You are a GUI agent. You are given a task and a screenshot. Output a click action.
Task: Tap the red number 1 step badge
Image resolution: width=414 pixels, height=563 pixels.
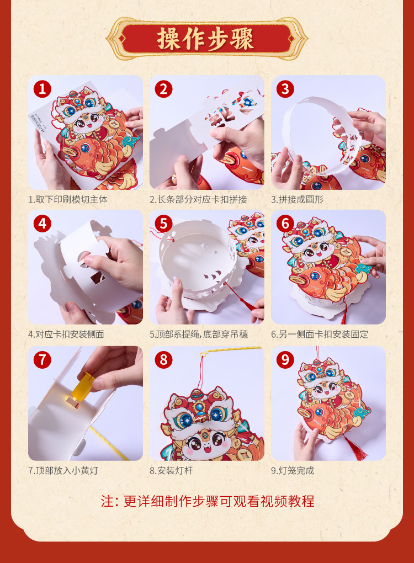tap(43, 89)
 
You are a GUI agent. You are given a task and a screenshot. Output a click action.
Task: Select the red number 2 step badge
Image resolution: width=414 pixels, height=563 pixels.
tap(163, 89)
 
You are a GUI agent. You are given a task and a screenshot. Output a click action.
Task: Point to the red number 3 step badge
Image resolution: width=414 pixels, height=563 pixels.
tap(285, 89)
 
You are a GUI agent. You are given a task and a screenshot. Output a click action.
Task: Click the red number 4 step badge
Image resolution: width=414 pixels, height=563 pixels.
tap(43, 224)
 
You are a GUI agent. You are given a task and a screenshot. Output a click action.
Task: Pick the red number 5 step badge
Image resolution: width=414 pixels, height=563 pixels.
tap(163, 224)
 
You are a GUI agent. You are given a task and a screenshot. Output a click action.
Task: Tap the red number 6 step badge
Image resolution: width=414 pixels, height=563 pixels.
tap(285, 224)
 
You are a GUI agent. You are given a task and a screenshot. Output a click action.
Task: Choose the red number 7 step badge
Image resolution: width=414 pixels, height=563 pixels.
tap(43, 360)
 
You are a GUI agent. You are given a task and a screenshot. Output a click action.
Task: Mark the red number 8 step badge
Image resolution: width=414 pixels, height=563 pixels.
tap(163, 360)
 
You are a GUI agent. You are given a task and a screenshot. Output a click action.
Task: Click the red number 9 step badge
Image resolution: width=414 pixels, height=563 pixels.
tap(285, 360)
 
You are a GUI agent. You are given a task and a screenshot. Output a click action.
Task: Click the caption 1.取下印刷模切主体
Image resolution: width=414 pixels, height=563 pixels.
tap(68, 199)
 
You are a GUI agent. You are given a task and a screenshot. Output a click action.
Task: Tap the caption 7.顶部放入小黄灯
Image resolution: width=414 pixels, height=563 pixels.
tap(63, 471)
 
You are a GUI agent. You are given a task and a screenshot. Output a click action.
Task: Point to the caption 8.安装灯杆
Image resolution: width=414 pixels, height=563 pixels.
tap(172, 471)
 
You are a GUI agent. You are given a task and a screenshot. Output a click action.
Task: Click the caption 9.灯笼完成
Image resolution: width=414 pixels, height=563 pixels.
tap(293, 471)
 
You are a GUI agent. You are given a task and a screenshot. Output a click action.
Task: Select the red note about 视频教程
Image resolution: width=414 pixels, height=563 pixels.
tap(208, 501)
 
